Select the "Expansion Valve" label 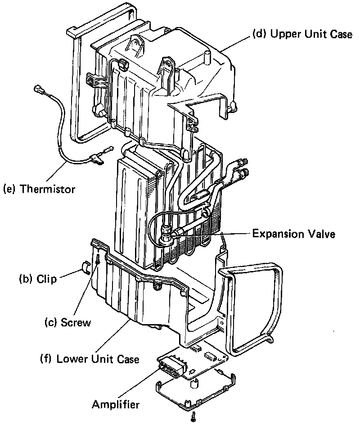click(x=293, y=234)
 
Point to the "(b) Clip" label click(x=38, y=279)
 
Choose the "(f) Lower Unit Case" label click(x=90, y=359)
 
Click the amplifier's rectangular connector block click(x=172, y=365)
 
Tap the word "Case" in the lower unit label click(x=127, y=359)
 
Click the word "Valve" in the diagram click(x=323, y=234)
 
